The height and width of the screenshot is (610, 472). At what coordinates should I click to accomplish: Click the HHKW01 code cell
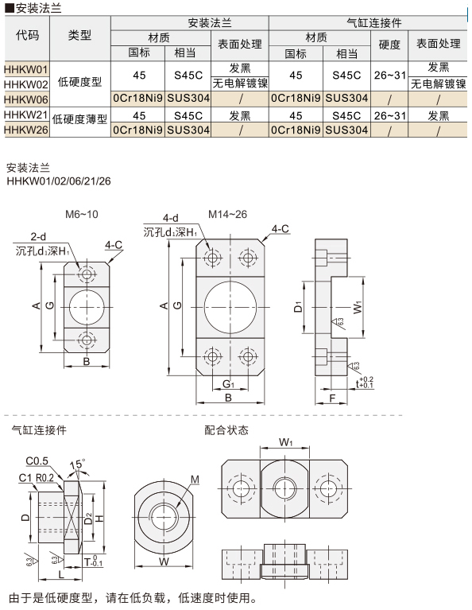pyautogui.click(x=26, y=69)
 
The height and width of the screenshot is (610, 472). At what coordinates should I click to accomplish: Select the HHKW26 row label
pyautogui.click(x=26, y=130)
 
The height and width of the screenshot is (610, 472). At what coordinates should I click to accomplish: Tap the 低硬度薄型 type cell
pyautogui.click(x=79, y=119)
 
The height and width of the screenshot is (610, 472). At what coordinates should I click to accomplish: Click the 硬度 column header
pyautogui.click(x=389, y=45)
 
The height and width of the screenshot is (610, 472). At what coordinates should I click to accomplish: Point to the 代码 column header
pyautogui.click(x=27, y=36)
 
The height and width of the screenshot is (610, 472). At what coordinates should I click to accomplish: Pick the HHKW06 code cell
pyautogui.click(x=26, y=99)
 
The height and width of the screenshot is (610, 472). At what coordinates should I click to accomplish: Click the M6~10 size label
pyautogui.click(x=82, y=214)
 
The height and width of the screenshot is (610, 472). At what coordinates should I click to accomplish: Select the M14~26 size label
pyautogui.click(x=227, y=214)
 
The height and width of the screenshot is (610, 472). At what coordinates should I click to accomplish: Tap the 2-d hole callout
pyautogui.click(x=38, y=236)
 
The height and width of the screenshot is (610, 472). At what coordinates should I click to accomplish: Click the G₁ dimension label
pyautogui.click(x=229, y=384)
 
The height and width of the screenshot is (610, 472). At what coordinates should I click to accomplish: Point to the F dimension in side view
pyautogui.click(x=332, y=398)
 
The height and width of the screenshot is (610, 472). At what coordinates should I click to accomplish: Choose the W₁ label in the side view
pyautogui.click(x=358, y=307)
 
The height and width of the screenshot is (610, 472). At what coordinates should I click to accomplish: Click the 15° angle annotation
pyautogui.click(x=77, y=464)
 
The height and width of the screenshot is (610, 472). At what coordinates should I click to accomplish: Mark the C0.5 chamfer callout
pyautogui.click(x=37, y=461)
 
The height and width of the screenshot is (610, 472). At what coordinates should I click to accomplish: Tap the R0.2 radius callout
pyautogui.click(x=44, y=478)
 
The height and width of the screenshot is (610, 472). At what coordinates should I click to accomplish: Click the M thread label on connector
pyautogui.click(x=195, y=480)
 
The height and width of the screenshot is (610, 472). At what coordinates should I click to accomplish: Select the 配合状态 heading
pyautogui.click(x=226, y=430)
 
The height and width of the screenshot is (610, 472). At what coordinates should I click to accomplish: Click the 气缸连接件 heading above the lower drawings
pyautogui.click(x=39, y=430)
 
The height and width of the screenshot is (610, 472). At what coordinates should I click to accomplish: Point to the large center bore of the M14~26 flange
pyautogui.click(x=230, y=307)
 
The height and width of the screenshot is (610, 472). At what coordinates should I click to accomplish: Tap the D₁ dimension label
pyautogui.click(x=298, y=307)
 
